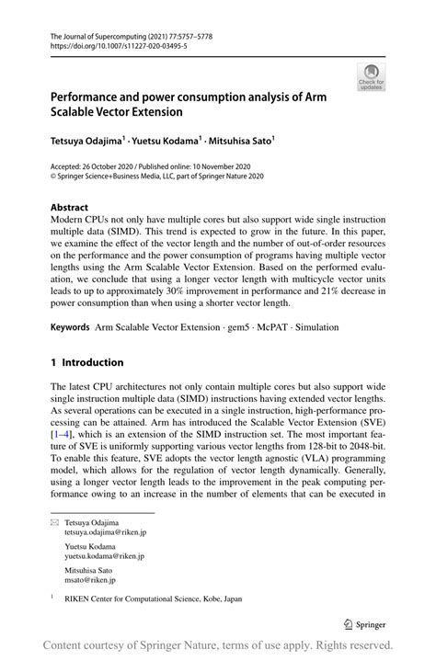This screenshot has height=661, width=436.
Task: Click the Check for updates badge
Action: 371,78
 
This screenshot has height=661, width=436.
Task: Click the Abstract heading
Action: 71,208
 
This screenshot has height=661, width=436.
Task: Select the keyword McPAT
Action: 275,326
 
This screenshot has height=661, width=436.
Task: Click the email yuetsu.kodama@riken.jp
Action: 104,556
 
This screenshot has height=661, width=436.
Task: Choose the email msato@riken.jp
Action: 91,580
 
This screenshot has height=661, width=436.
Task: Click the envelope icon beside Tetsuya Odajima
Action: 54,522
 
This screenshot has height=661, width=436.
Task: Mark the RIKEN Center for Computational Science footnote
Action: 153,598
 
